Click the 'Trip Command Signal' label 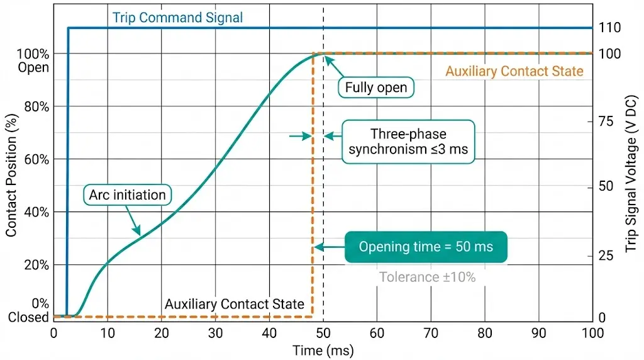point(177,17)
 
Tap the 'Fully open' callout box point(376,87)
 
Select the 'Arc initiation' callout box point(128,195)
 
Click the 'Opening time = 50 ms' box point(425,247)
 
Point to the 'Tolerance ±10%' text point(426,277)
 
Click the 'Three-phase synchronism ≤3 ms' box point(408,142)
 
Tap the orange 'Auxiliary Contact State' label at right point(514,71)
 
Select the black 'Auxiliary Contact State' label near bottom point(234,305)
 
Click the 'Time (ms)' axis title point(323,349)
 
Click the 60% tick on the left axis point(36,159)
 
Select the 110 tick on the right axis point(610,28)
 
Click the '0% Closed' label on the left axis point(28,311)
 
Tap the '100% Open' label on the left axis point(33,60)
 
